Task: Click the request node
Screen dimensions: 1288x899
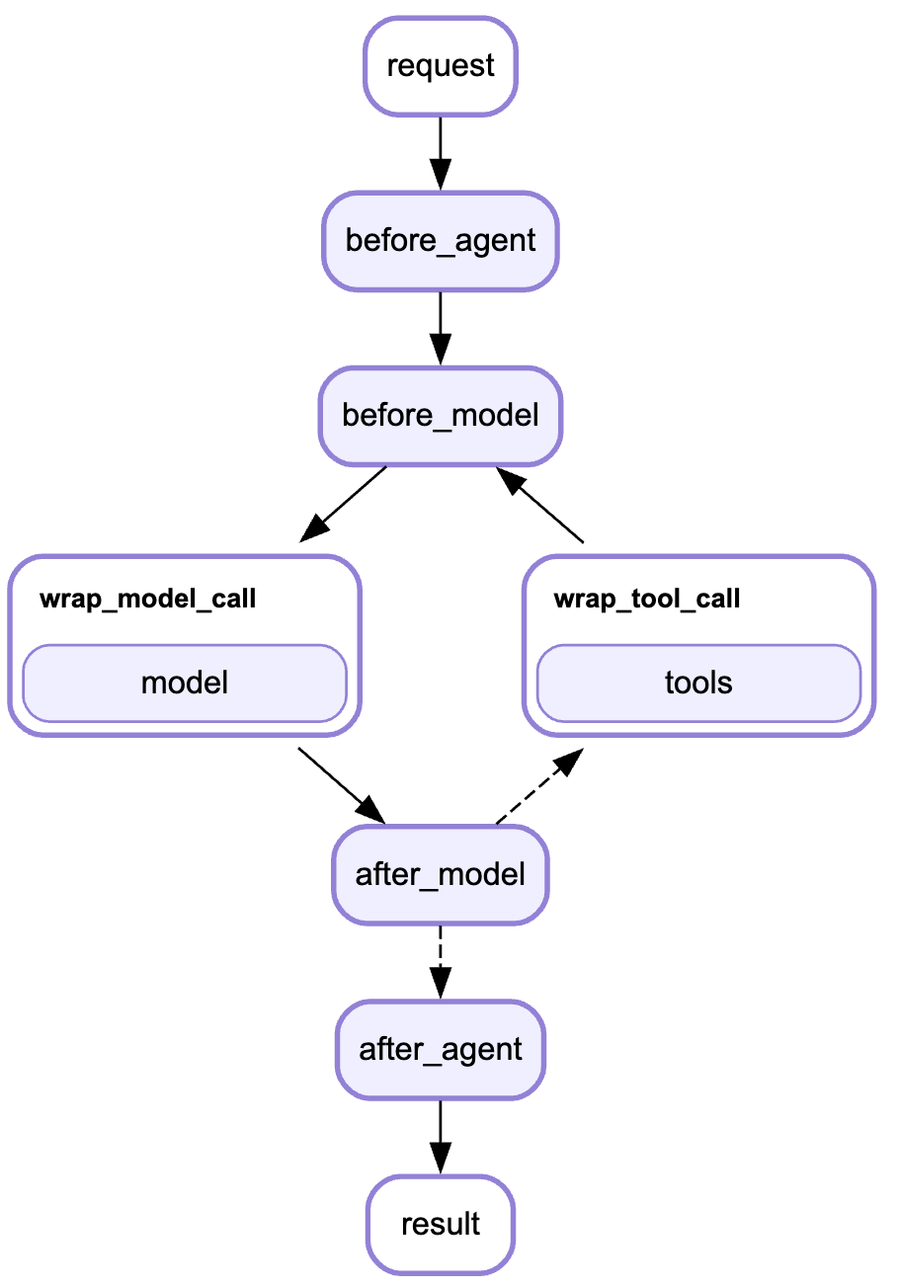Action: click(441, 66)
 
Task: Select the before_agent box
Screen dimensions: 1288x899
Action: click(441, 241)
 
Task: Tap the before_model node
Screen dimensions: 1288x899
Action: click(441, 415)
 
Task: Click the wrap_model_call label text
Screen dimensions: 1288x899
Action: click(148, 599)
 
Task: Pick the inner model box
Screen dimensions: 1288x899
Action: click(185, 683)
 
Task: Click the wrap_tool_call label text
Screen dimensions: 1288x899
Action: click(647, 599)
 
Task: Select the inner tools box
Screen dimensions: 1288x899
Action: click(698, 683)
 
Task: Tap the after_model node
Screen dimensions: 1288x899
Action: click(441, 874)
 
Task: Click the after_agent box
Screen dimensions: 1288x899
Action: click(441, 1049)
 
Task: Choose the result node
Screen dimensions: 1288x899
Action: click(441, 1224)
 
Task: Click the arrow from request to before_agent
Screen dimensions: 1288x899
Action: click(441, 148)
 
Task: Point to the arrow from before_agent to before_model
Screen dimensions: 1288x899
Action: click(441, 324)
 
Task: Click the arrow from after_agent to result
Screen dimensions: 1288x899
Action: click(441, 1131)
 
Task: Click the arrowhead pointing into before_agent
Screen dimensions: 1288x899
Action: click(441, 176)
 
